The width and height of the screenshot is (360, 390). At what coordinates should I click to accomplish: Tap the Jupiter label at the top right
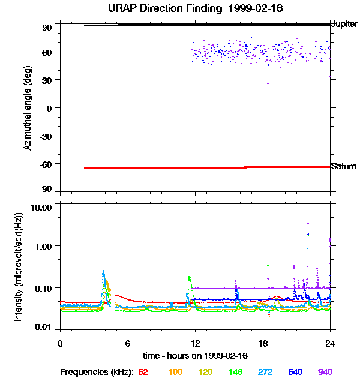[x=344, y=25]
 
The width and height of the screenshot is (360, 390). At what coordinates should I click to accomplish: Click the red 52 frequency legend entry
[x=143, y=373]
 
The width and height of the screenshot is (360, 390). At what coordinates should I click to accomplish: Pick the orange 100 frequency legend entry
[x=175, y=373]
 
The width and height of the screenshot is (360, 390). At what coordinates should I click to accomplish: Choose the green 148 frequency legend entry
[x=235, y=373]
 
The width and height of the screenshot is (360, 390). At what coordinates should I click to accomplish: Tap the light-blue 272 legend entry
[x=265, y=373]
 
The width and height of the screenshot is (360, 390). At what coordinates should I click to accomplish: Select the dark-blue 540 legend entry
[x=295, y=373]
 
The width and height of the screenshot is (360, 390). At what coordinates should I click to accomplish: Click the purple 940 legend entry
[x=325, y=373]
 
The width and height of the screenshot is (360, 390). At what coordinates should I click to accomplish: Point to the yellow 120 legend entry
[x=205, y=373]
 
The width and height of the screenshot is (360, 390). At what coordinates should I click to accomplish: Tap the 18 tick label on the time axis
[x=262, y=343]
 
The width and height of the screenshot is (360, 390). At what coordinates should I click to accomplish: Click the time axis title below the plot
[x=195, y=355]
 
